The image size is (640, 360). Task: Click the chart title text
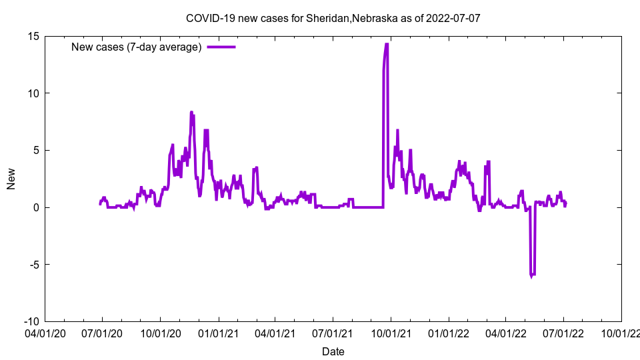pos(333,18)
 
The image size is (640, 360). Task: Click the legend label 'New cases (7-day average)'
pos(137,47)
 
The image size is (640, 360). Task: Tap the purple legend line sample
pos(221,47)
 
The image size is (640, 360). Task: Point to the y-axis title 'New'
pos(11,179)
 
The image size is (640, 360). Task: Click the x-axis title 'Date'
pos(333,351)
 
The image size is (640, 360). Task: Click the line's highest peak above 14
pos(386,45)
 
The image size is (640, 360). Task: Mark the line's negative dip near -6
pos(532,274)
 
